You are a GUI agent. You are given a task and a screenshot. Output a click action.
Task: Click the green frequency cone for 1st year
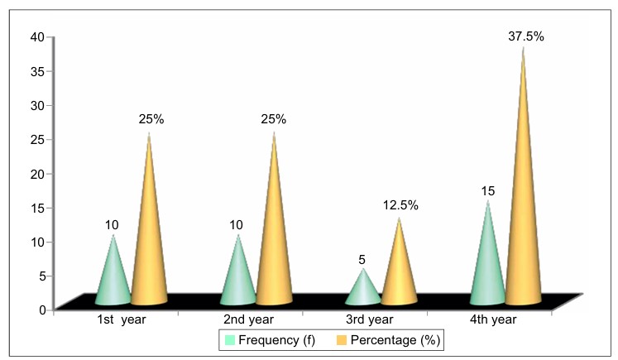113,276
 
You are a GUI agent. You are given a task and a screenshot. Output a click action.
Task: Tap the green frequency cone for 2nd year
238,276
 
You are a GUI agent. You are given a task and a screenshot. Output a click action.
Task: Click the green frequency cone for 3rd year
363,290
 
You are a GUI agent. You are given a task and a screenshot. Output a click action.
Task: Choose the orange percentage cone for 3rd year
399,268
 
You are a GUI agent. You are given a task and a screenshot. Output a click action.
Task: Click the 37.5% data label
526,36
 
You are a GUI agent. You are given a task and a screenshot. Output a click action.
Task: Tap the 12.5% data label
400,205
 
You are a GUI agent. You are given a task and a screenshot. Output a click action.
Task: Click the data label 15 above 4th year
487,191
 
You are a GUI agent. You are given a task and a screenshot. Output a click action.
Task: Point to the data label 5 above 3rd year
362,260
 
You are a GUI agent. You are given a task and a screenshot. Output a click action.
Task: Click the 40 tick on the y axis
37,37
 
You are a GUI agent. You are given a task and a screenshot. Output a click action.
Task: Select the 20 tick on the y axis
37,174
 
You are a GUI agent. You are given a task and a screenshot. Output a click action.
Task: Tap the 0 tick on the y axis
42,310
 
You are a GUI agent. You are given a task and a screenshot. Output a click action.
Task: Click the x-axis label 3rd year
369,319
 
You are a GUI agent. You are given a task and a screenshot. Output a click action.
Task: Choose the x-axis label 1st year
122,319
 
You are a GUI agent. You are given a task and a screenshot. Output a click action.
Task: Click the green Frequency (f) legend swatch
230,340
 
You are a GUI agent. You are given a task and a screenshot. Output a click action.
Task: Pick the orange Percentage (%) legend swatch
342,340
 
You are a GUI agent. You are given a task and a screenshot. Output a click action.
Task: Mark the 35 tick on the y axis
37,71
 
